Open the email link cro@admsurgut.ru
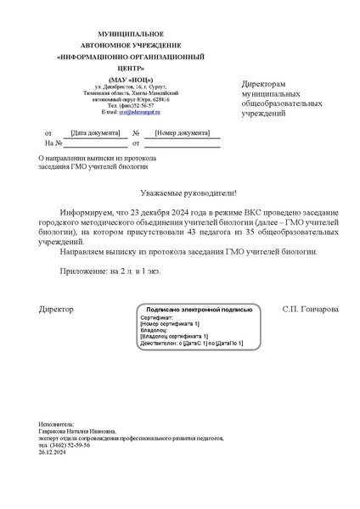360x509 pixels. (x=138, y=112)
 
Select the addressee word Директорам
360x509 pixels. (x=263, y=85)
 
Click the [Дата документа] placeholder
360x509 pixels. (x=94, y=133)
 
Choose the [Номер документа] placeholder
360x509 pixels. (x=182, y=133)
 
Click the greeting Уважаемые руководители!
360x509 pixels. (x=180, y=193)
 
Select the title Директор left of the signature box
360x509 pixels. (x=57, y=310)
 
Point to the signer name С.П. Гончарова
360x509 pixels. (x=310, y=310)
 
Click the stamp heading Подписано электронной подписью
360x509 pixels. (x=199, y=310)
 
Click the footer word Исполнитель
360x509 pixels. (x=56, y=423)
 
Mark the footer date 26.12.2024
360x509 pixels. (x=53, y=452)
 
